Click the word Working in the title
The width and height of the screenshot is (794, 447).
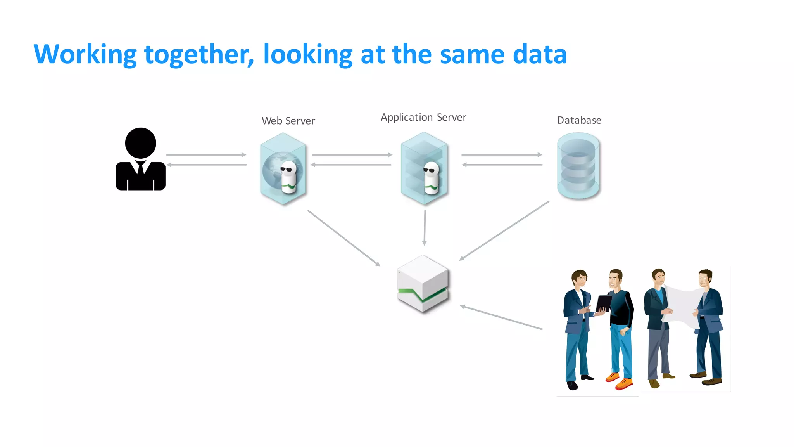(85, 54)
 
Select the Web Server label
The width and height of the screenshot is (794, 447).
(288, 121)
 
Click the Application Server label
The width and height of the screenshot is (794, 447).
(423, 117)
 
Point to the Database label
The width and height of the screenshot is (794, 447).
(579, 120)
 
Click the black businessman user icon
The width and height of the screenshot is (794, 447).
(140, 159)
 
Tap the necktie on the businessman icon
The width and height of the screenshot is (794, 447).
(140, 168)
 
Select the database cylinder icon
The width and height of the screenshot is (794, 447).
(578, 166)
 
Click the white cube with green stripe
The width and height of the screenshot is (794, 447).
(423, 284)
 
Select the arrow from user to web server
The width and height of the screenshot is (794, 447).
(206, 155)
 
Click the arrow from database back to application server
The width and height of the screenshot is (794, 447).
(502, 165)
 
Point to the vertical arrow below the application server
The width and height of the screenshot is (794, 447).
(425, 228)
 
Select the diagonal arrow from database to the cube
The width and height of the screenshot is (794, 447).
(504, 230)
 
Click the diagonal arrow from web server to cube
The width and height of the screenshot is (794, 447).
(344, 238)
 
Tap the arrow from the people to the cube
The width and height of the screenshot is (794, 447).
(501, 318)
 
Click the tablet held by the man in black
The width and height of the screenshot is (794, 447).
(603, 303)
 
